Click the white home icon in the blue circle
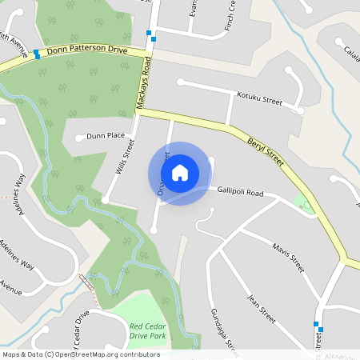pos(180,172)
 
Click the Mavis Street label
pos(288,258)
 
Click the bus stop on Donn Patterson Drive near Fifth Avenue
pos(37,54)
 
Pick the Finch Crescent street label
pos(232,15)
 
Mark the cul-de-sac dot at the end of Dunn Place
pos(78,138)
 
